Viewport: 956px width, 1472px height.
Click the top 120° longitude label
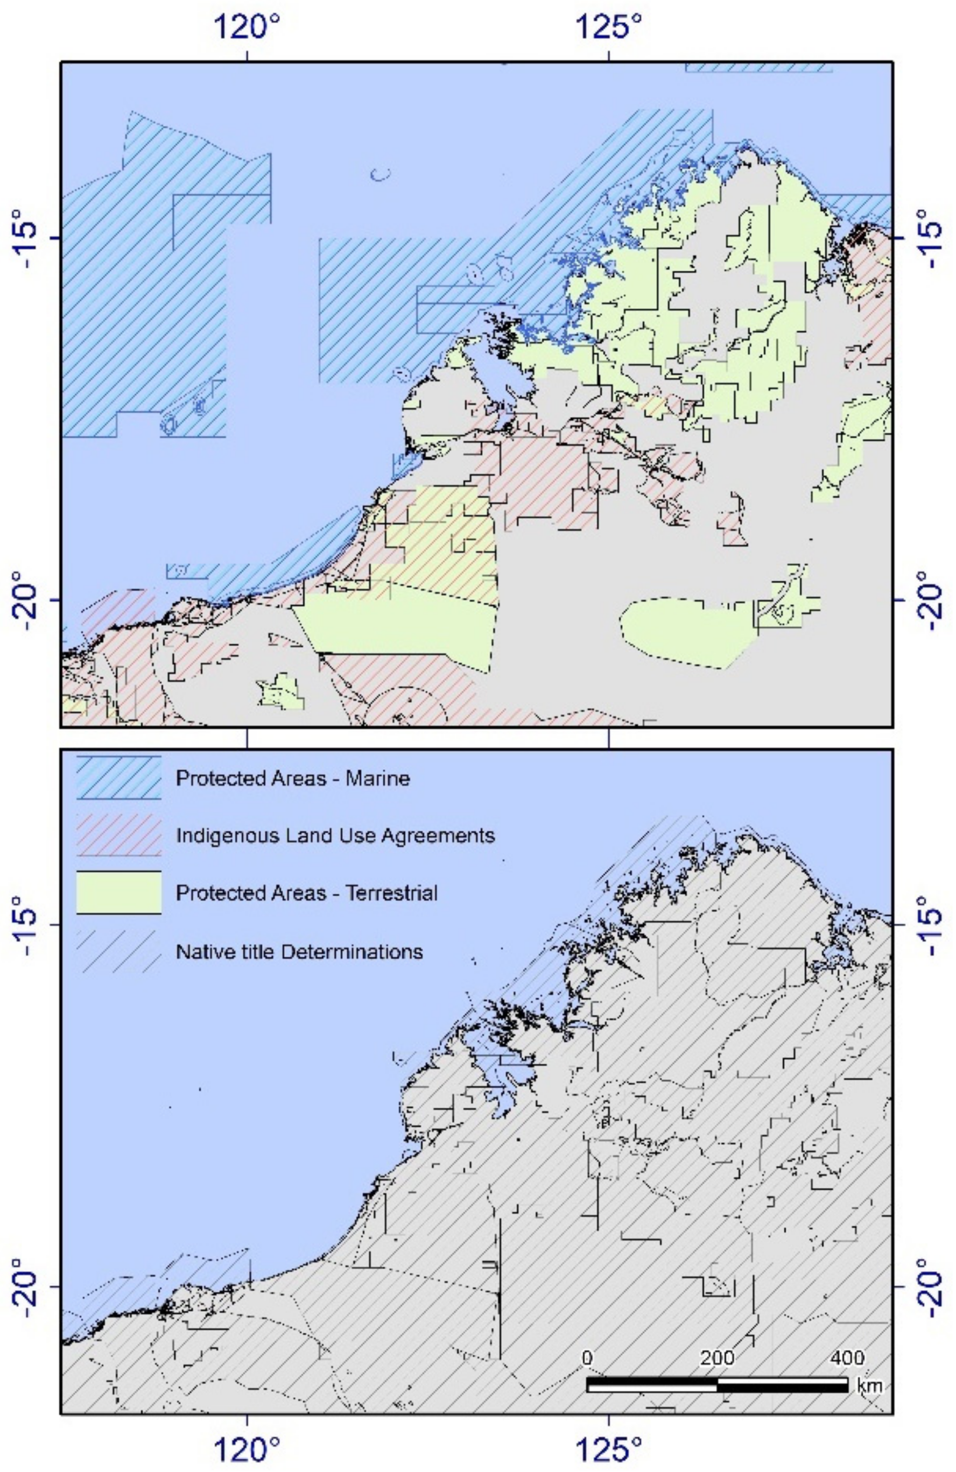pos(247,26)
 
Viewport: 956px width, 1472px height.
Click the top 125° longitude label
pos(609,26)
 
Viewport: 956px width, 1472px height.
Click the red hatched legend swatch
pos(119,835)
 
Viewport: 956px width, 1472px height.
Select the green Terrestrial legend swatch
pos(119,893)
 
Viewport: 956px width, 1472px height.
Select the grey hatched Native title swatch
pos(119,951)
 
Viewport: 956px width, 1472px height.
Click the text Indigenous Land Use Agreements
pos(335,836)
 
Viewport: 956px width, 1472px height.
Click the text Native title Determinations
pos(299,951)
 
